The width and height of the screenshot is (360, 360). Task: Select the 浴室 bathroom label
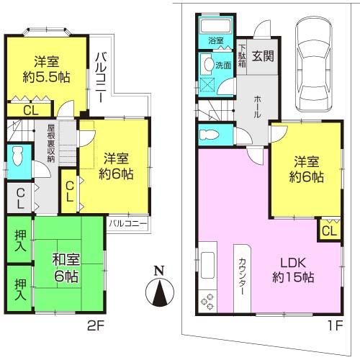[x=215, y=42]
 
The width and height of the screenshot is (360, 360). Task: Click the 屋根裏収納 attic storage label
[x=51, y=144]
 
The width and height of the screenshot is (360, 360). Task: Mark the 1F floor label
[x=337, y=325]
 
